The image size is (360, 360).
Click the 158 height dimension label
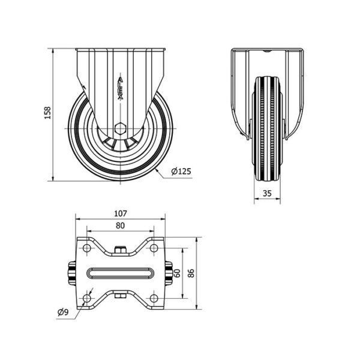click(x=47, y=113)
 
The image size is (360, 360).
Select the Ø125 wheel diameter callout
click(x=181, y=171)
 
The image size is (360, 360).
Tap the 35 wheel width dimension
click(x=267, y=193)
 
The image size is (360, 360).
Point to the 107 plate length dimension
click(x=121, y=214)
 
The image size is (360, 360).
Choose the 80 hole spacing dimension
click(x=121, y=226)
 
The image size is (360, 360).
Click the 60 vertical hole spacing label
click(x=177, y=273)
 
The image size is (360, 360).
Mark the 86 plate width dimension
click(x=191, y=273)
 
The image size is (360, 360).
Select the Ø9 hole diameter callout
click(x=63, y=312)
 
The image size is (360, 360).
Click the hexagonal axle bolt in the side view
click(x=120, y=128)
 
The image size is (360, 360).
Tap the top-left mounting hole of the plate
click(x=87, y=248)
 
